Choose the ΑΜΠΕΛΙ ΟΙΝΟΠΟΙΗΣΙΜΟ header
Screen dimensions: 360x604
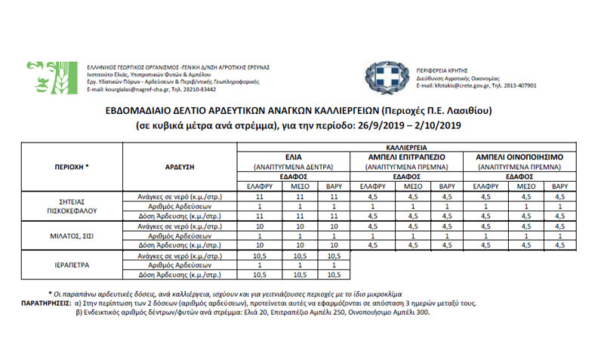pyautogui.click(x=521, y=154)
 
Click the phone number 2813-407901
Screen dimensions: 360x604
pyautogui.click(x=519, y=85)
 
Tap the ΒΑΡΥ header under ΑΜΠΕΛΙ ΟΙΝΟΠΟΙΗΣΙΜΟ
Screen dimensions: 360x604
pyautogui.click(x=559, y=186)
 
